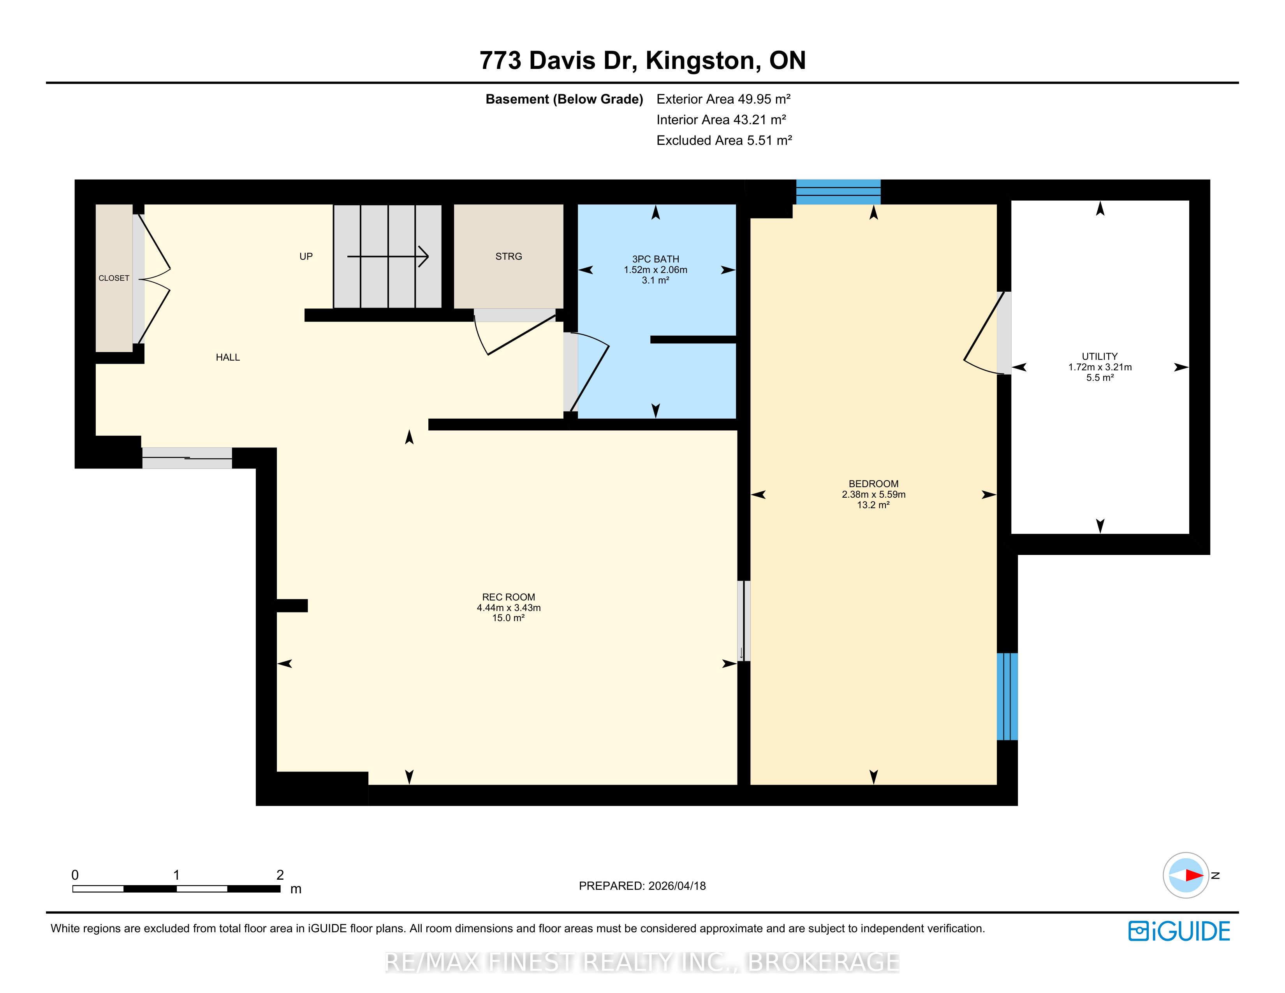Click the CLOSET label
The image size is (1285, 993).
(114, 278)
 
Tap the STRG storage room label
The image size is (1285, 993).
(508, 257)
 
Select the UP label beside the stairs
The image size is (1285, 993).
(306, 257)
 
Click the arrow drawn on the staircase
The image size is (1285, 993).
(388, 257)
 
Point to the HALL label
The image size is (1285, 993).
(228, 357)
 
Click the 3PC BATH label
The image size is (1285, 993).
(655, 259)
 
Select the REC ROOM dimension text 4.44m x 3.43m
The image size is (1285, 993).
(508, 608)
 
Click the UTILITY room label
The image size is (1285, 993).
(1100, 356)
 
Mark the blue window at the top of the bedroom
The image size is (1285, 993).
(838, 192)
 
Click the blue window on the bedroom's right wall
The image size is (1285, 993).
(1007, 697)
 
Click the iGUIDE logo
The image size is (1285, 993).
(1179, 931)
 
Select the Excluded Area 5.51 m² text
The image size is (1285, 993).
(724, 140)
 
